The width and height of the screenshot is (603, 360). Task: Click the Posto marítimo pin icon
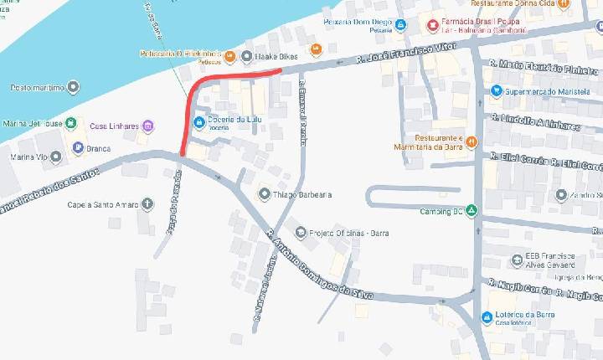coord(74,86)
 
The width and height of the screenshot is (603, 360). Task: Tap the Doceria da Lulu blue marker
coord(198,123)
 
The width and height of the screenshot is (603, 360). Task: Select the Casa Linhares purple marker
coord(148,126)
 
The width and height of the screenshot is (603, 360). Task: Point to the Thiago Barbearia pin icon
coord(265,194)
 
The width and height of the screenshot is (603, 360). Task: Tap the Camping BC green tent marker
coord(472,210)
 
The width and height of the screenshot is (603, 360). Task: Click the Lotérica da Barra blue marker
coord(487,317)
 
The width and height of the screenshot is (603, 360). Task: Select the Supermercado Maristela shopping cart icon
coord(497,90)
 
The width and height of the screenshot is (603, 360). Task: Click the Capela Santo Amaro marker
coord(148,203)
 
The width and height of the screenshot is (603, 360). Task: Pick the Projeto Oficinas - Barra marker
coord(300,233)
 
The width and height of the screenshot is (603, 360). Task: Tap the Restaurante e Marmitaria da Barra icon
coord(472,141)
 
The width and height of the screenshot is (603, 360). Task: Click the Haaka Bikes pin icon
coord(247,56)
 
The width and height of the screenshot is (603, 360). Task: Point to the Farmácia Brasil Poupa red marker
coord(432,24)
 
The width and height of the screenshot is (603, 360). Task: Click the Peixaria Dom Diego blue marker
coord(401,24)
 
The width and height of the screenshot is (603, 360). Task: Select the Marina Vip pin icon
coord(56,157)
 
